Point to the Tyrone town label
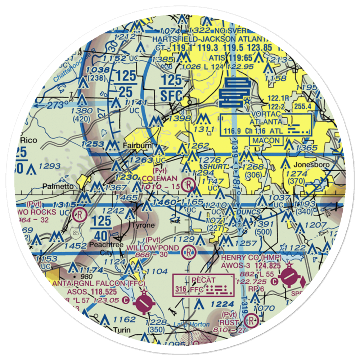tap(143, 225)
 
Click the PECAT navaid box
tap(203, 285)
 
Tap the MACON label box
tap(267, 140)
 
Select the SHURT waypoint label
tap(215, 167)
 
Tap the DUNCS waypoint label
tap(248, 212)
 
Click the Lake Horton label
tap(191, 324)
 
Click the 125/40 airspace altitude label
tap(104, 229)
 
